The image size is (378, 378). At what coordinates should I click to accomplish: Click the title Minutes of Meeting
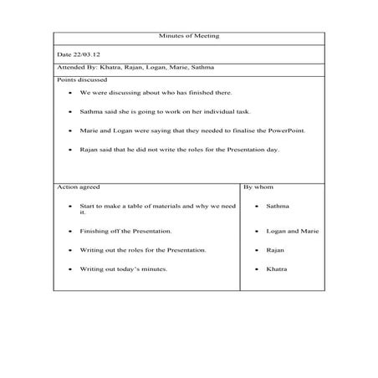click(188, 36)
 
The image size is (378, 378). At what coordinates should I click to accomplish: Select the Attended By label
click(74, 66)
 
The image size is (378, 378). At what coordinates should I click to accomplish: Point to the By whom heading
click(258, 187)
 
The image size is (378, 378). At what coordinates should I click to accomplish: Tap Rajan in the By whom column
click(275, 250)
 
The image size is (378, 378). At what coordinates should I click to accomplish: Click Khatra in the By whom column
click(276, 269)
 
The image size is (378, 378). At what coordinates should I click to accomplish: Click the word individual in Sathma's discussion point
click(187, 111)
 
